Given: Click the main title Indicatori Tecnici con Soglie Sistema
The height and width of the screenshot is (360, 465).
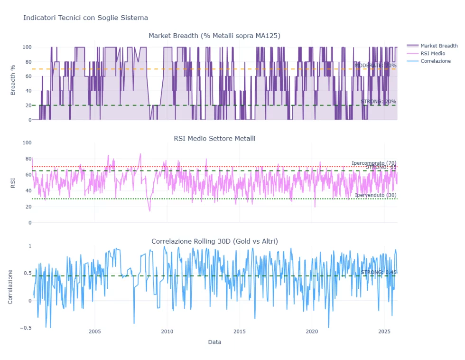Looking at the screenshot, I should [x=85, y=18].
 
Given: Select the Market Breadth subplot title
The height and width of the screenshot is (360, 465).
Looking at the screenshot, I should [x=214, y=36].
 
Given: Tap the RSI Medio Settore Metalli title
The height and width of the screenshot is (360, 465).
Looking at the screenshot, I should [x=214, y=138].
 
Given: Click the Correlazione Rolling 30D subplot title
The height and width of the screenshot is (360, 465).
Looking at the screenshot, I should [x=214, y=241].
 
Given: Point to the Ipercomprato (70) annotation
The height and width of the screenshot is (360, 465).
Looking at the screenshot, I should [x=374, y=163].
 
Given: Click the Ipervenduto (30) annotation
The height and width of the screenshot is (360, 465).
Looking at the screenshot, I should [x=375, y=195].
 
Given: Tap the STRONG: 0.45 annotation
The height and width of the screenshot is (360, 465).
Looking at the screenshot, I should [x=378, y=272].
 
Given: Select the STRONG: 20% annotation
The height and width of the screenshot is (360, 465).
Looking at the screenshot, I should [x=378, y=102].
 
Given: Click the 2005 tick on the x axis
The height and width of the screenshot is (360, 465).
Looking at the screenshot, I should [x=95, y=332].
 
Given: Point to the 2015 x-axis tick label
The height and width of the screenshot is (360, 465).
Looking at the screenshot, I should [x=240, y=332].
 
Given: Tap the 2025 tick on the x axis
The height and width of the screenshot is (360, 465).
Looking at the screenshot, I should [x=384, y=332].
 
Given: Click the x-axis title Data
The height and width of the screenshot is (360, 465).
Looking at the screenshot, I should [x=214, y=342].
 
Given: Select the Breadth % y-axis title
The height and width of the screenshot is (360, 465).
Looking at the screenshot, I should [x=13, y=83].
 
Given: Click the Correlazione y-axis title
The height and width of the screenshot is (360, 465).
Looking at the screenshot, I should [x=10, y=287].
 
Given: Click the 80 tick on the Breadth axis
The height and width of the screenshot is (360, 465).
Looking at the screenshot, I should [x=27, y=62].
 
